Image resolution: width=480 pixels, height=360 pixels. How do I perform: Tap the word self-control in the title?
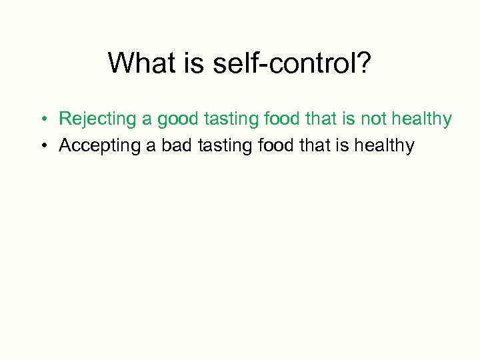(x=281, y=64)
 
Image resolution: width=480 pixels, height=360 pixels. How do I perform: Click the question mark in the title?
(x=365, y=64)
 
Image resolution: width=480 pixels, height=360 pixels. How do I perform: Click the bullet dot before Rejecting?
(x=42, y=120)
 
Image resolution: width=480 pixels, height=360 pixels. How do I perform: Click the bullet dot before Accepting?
(x=42, y=146)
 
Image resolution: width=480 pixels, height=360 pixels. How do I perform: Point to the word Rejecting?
(x=97, y=119)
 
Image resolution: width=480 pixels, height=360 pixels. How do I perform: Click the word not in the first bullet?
(x=375, y=119)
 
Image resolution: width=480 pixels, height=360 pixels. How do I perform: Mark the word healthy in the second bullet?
(x=384, y=145)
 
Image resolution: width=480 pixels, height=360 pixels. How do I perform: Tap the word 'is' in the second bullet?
(x=347, y=145)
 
